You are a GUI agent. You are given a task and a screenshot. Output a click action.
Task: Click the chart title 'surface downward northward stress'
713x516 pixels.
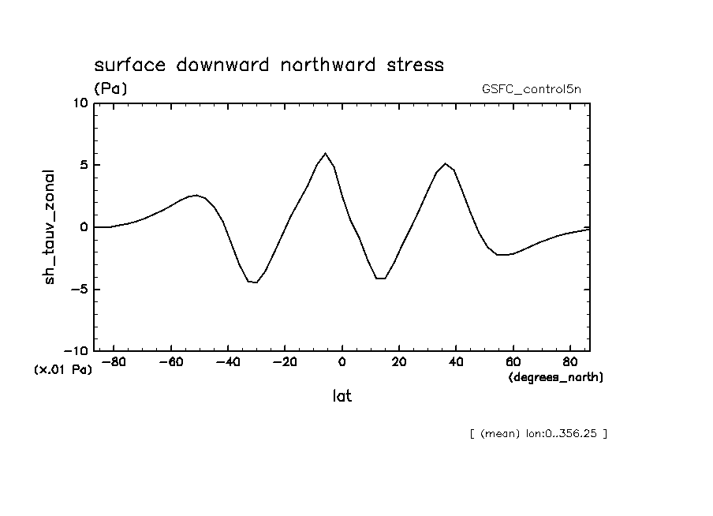coord(269,65)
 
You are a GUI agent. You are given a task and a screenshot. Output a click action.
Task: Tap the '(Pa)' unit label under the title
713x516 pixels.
coord(110,89)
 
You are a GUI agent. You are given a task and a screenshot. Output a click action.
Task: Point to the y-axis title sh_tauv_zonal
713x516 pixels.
coord(50,226)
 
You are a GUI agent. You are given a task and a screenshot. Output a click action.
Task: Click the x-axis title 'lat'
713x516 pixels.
coord(342,396)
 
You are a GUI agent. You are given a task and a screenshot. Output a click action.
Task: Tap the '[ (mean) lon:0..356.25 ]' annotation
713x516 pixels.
coord(538,433)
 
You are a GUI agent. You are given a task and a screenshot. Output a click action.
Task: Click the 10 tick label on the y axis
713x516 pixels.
coord(80,103)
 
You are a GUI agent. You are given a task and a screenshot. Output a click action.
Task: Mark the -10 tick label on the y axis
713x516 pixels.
coord(77,351)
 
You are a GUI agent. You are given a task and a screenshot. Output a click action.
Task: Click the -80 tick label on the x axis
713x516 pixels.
coord(113,362)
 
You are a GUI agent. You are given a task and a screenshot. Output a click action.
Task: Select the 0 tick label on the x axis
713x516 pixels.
coord(342,362)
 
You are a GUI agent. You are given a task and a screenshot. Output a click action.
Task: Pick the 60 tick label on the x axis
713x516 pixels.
coord(513,362)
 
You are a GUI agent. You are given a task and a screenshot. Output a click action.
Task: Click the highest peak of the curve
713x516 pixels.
coord(325,153)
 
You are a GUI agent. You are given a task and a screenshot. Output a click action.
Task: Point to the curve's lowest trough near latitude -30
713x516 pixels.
coord(256,282)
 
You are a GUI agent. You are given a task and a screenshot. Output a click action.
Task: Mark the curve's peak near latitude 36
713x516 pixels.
coord(446,163)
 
